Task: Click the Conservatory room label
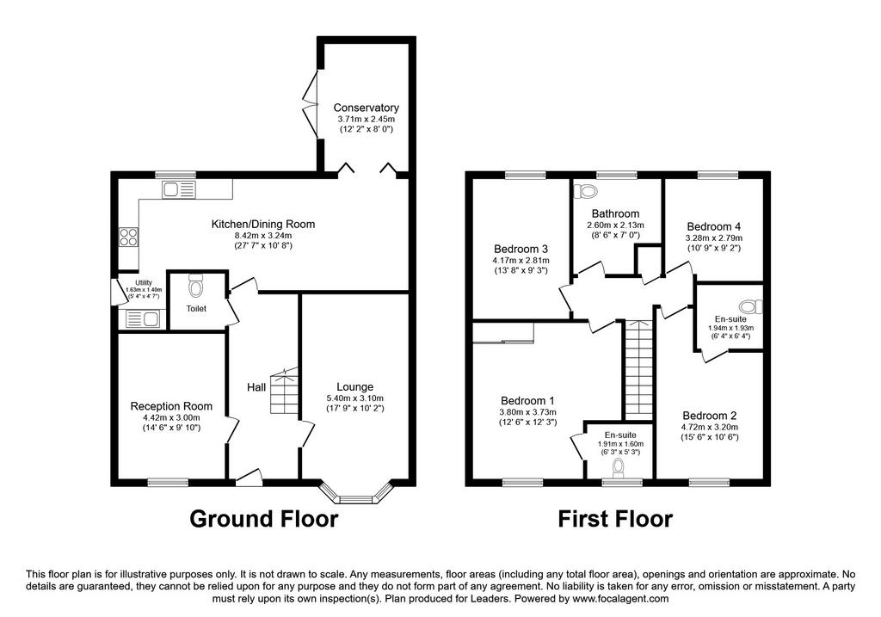click(366, 108)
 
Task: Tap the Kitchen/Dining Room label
click(263, 225)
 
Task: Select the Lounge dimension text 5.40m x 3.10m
click(355, 398)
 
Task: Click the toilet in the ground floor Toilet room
click(195, 286)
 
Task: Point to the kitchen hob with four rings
click(129, 237)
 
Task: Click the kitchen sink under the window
click(179, 190)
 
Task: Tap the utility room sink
click(144, 319)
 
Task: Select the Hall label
click(256, 387)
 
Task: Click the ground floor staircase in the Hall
click(284, 391)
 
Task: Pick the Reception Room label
click(171, 405)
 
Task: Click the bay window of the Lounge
click(357, 493)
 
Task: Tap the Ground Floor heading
click(263, 519)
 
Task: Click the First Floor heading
click(614, 519)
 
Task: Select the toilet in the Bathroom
click(585, 191)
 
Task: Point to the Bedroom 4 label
click(713, 226)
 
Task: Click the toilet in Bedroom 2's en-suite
click(751, 307)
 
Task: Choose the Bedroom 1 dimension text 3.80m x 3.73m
click(527, 412)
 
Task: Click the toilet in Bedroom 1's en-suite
click(619, 467)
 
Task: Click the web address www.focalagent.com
click(620, 598)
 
